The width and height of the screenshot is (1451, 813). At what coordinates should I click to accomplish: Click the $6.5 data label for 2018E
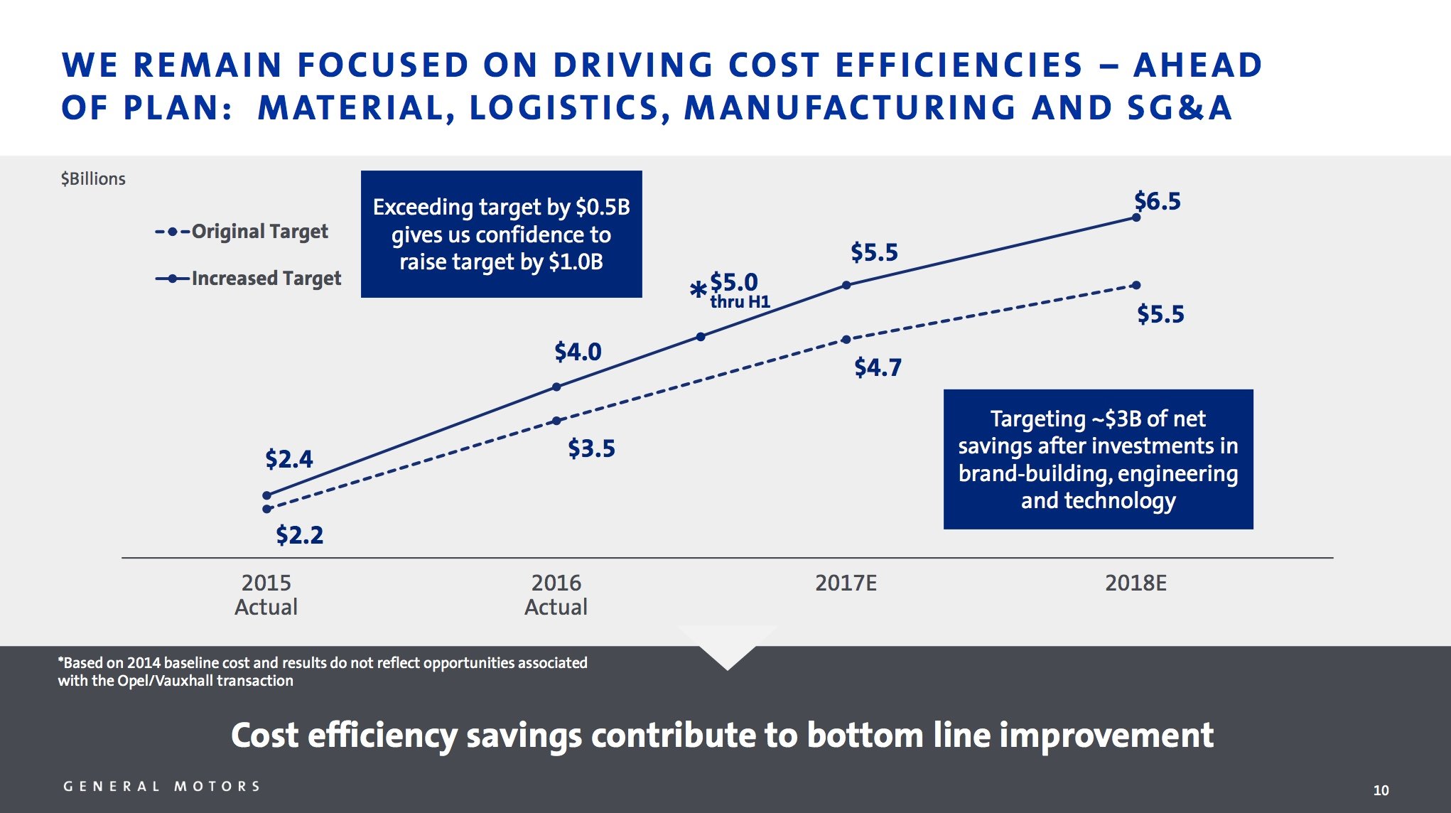(x=1157, y=201)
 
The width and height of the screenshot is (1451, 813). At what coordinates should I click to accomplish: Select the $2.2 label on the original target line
(x=299, y=534)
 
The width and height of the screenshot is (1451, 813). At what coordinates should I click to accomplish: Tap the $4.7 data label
(x=878, y=367)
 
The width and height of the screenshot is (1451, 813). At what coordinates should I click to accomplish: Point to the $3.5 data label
(x=591, y=448)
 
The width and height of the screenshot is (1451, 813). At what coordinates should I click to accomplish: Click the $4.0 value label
(x=578, y=352)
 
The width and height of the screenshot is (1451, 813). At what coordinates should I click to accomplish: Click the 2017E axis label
(x=846, y=583)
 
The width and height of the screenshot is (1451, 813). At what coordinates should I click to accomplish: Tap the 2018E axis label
(x=1136, y=583)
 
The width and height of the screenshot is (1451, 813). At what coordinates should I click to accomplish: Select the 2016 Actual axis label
(x=556, y=595)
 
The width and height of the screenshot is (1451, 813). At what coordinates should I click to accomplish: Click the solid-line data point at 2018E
(x=1136, y=217)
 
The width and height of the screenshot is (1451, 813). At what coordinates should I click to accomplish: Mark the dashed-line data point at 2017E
(x=846, y=340)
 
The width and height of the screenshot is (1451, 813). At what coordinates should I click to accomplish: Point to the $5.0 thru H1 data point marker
(x=701, y=337)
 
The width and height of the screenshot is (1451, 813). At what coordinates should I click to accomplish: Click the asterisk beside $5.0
(x=698, y=289)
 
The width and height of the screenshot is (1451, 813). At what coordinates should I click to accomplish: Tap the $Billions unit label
(x=93, y=179)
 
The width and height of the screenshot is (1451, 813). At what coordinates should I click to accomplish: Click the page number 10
(x=1381, y=790)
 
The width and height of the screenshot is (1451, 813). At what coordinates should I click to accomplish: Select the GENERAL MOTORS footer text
(x=162, y=787)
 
